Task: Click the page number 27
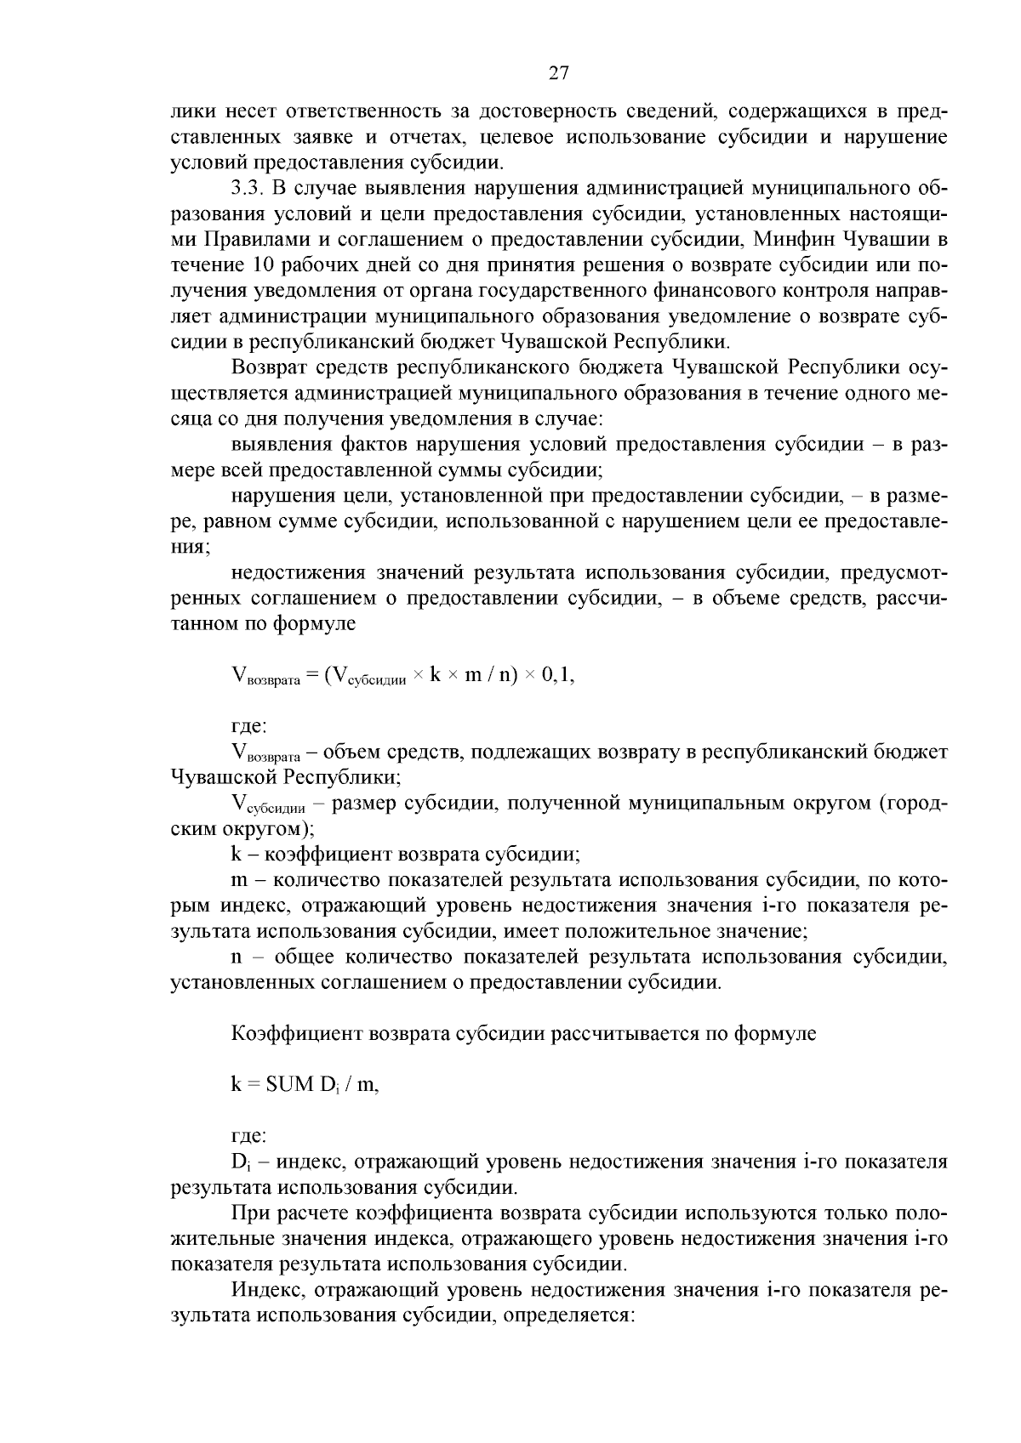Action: (x=558, y=73)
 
